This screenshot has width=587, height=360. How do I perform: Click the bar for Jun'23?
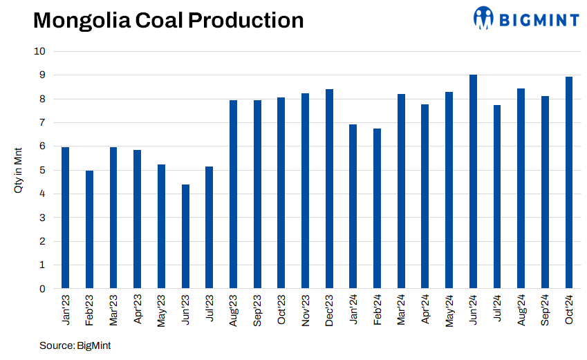[185, 236]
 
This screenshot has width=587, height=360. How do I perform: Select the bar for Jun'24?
[473, 181]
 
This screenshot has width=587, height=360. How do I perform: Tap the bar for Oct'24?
[569, 182]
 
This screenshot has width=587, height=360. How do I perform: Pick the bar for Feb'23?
[89, 229]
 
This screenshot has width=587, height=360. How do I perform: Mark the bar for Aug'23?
[233, 194]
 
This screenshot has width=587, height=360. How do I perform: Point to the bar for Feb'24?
[377, 209]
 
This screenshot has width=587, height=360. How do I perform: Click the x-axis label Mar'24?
[402, 310]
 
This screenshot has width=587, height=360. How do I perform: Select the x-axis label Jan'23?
[66, 310]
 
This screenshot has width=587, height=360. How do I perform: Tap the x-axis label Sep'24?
[546, 310]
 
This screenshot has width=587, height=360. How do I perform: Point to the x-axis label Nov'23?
[306, 310]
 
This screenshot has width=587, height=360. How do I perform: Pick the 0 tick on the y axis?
[42, 289]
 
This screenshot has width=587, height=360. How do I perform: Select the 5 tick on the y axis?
[42, 170]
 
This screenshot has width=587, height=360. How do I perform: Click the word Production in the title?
[245, 21]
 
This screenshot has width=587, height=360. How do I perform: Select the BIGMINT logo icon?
[484, 18]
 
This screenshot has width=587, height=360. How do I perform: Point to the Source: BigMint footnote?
[75, 345]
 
